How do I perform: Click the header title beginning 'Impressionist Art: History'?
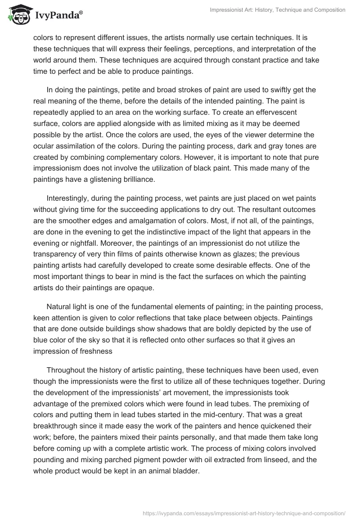[x=278, y=10]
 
